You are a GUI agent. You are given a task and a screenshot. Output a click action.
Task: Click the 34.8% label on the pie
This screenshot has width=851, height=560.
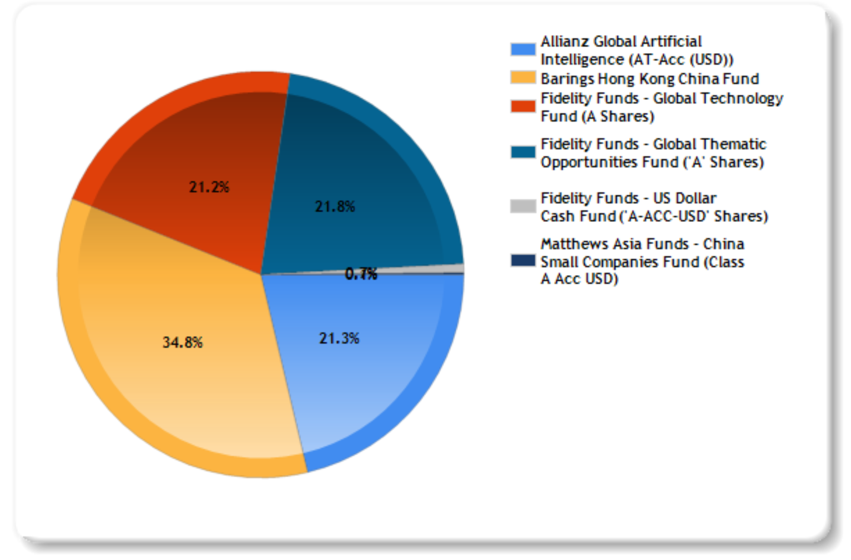coord(182,342)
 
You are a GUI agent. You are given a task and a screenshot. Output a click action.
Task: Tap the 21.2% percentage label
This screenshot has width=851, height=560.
coord(209,187)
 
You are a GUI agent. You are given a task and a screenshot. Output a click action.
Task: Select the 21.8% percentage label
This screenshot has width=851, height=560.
coord(335,206)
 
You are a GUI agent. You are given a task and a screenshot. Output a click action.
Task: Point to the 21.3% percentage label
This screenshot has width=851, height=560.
coord(339,338)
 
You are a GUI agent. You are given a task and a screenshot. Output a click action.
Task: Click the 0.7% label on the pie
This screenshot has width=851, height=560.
coord(361,274)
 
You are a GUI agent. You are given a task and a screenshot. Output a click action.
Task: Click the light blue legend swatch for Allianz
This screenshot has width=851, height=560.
coord(523,49)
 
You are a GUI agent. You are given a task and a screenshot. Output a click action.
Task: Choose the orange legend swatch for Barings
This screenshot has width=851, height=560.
coord(523,78)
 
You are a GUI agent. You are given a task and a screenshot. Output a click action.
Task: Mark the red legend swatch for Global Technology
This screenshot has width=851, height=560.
coord(523,106)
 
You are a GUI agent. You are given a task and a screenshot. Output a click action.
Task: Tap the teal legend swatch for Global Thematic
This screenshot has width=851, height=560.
coord(523,152)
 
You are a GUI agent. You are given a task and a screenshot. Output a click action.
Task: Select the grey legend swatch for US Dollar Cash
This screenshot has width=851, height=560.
coord(523,206)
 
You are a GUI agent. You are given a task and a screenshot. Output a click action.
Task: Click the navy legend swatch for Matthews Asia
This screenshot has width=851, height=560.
coord(523,260)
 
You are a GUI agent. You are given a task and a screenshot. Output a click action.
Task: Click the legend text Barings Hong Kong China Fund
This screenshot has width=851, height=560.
coord(649,79)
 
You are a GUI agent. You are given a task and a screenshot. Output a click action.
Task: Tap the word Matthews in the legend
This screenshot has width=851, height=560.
coord(571,244)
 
